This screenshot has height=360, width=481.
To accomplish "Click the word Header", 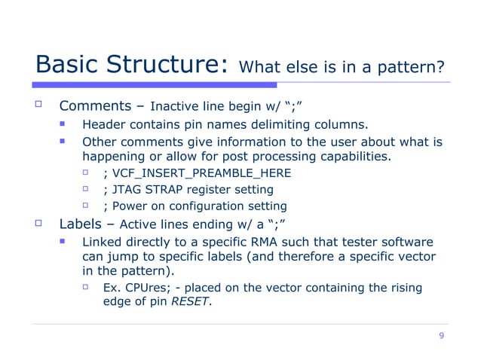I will pos(103,125).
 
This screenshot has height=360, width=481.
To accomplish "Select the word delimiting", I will pos(295,125).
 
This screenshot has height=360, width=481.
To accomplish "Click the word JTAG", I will pos(127,190).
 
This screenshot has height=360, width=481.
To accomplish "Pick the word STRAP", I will pos(167,190).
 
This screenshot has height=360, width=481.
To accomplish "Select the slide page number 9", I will pos(441,336).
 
